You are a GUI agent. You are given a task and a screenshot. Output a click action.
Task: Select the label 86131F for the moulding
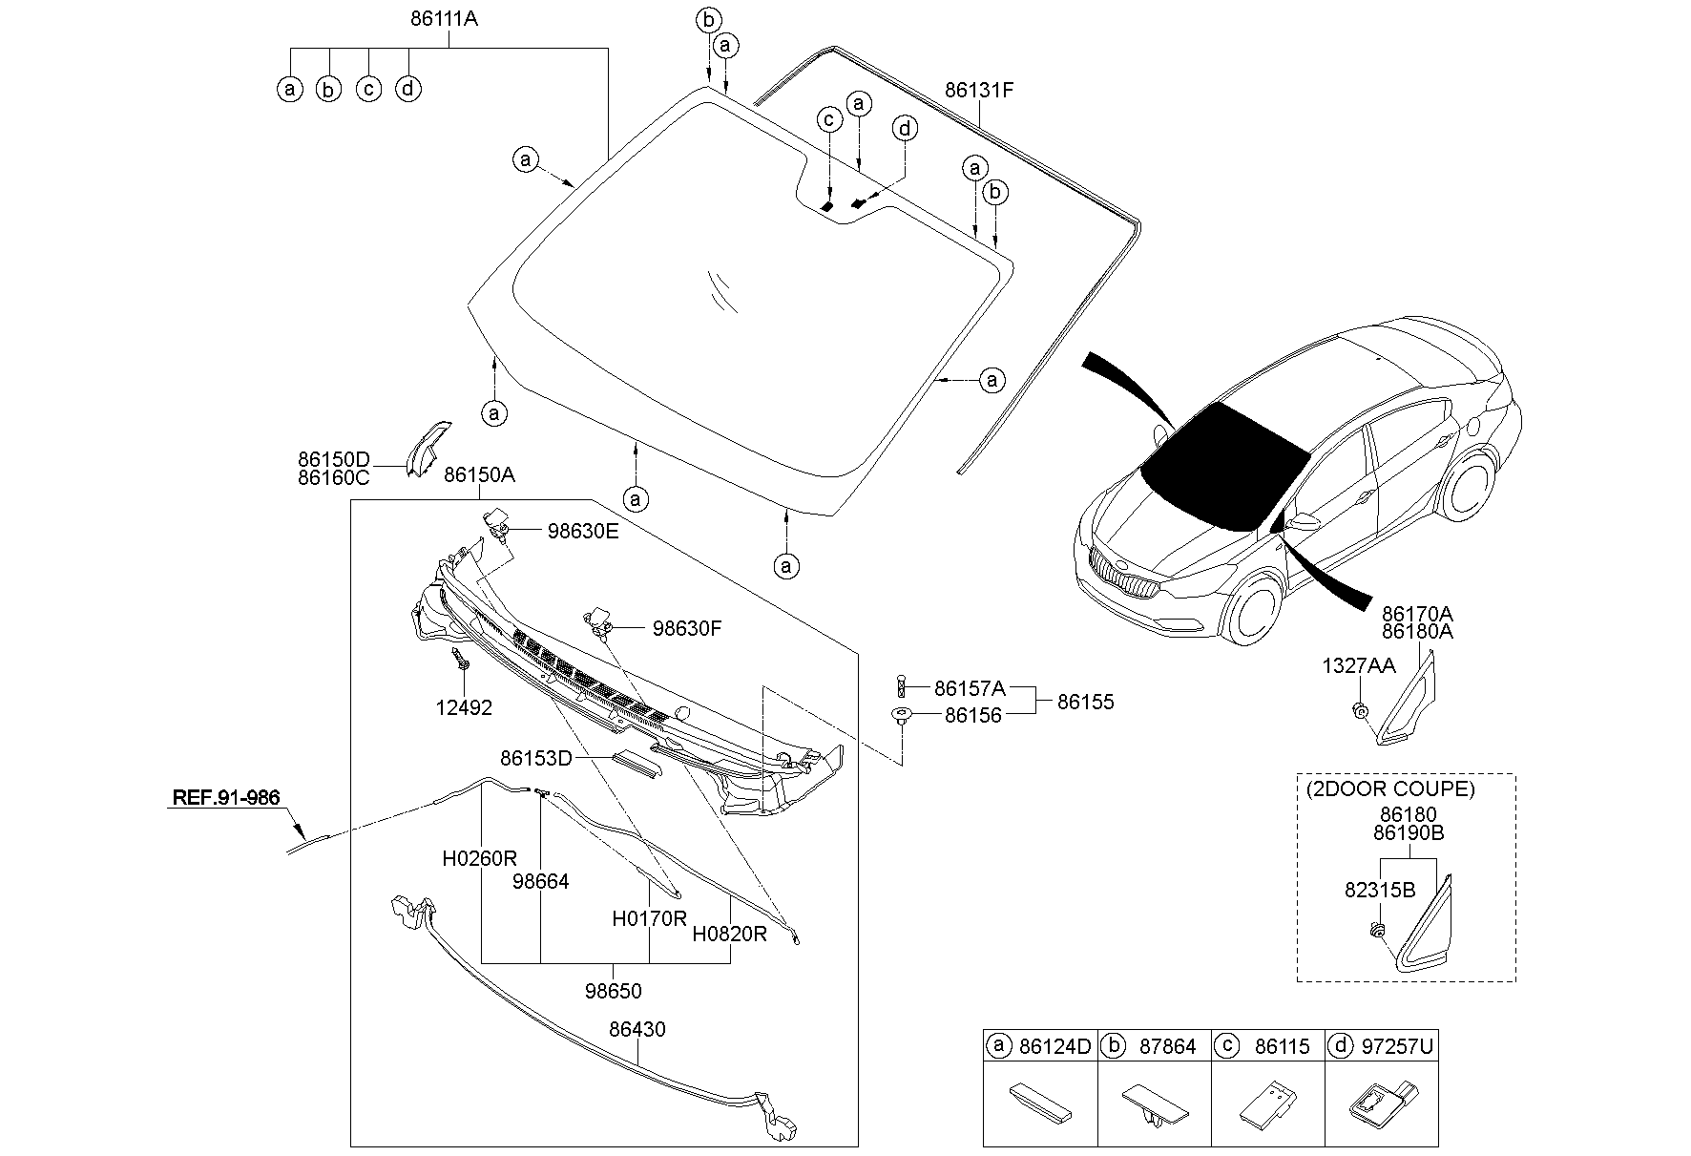[x=979, y=91]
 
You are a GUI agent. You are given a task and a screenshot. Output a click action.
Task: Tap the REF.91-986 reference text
[x=226, y=797]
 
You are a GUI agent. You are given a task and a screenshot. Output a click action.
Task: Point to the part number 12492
[x=465, y=707]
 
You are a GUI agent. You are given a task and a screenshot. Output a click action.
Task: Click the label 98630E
[x=582, y=531]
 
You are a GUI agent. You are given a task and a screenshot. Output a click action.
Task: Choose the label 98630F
[x=687, y=628]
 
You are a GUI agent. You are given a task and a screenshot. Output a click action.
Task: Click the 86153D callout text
[x=535, y=758]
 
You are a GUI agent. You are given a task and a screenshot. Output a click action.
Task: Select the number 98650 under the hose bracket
[x=614, y=991]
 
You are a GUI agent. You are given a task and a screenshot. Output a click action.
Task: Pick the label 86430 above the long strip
[x=637, y=1029]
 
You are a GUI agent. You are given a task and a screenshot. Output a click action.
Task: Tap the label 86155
[x=1085, y=702]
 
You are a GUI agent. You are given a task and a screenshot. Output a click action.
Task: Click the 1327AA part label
[x=1358, y=665]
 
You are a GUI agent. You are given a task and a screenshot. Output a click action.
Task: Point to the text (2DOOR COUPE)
[x=1389, y=788]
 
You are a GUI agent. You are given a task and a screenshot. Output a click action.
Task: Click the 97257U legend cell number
[x=1399, y=1046]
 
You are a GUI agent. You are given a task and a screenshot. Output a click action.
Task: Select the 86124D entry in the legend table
[x=1054, y=1046]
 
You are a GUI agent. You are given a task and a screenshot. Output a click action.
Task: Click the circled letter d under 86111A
[x=408, y=89]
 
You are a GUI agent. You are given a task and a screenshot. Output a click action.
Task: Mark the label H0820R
[x=729, y=934]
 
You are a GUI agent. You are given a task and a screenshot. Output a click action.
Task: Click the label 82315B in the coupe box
[x=1379, y=890]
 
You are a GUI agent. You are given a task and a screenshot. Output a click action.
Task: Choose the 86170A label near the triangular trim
[x=1417, y=613]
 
